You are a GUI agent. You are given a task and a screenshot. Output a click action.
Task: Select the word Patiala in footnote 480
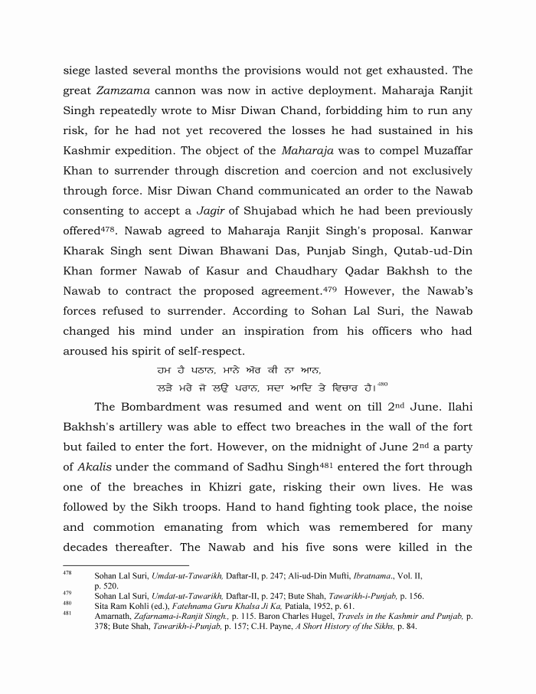point(282,606)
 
